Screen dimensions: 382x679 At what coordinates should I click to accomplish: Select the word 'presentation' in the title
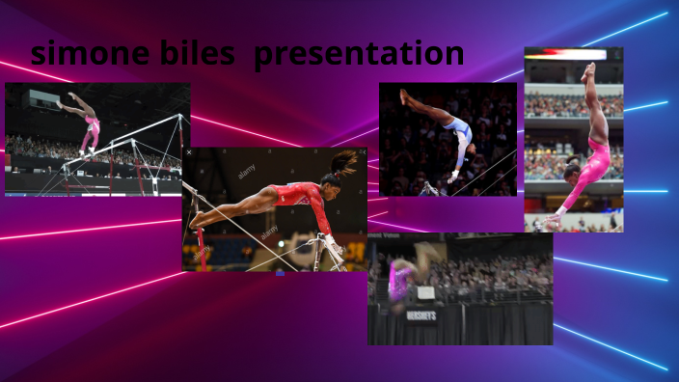point(359,55)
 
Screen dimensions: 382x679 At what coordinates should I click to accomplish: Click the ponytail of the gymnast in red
point(344,161)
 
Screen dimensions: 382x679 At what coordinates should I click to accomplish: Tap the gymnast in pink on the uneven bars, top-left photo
point(88,124)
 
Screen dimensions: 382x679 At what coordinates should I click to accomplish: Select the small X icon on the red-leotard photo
point(189,152)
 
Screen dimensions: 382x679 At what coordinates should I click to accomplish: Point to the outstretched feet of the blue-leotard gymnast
point(405,95)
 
